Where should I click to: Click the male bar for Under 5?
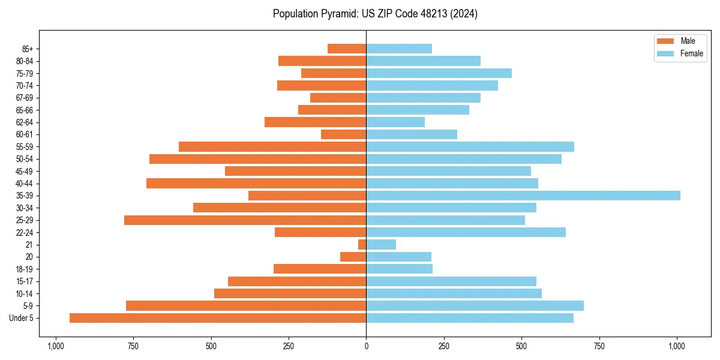click(x=218, y=318)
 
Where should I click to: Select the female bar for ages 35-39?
click(x=523, y=196)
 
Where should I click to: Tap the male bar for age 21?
click(x=362, y=245)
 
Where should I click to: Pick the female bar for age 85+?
click(x=399, y=49)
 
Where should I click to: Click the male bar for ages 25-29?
click(x=245, y=220)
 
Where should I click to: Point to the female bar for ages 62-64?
click(x=395, y=122)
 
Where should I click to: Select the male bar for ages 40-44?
click(x=256, y=184)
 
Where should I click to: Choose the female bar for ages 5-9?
click(x=475, y=306)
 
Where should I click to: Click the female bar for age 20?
click(x=398, y=257)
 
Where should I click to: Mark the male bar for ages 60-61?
click(x=344, y=134)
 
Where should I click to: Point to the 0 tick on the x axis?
click(x=366, y=346)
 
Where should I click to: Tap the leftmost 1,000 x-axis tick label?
click(x=55, y=346)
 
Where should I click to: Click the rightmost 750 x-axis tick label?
click(x=599, y=346)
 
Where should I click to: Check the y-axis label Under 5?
click(x=22, y=318)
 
